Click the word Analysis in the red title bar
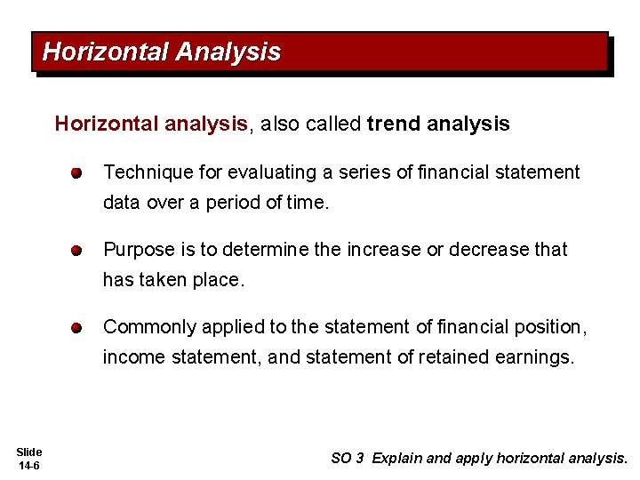pyautogui.click(x=228, y=52)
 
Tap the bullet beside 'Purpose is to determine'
pyautogui.click(x=78, y=251)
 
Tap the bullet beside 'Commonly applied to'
pyautogui.click(x=78, y=327)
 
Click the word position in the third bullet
pyautogui.click(x=550, y=327)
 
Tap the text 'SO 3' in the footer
pyautogui.click(x=347, y=459)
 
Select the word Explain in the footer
pyautogui.click(x=397, y=459)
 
